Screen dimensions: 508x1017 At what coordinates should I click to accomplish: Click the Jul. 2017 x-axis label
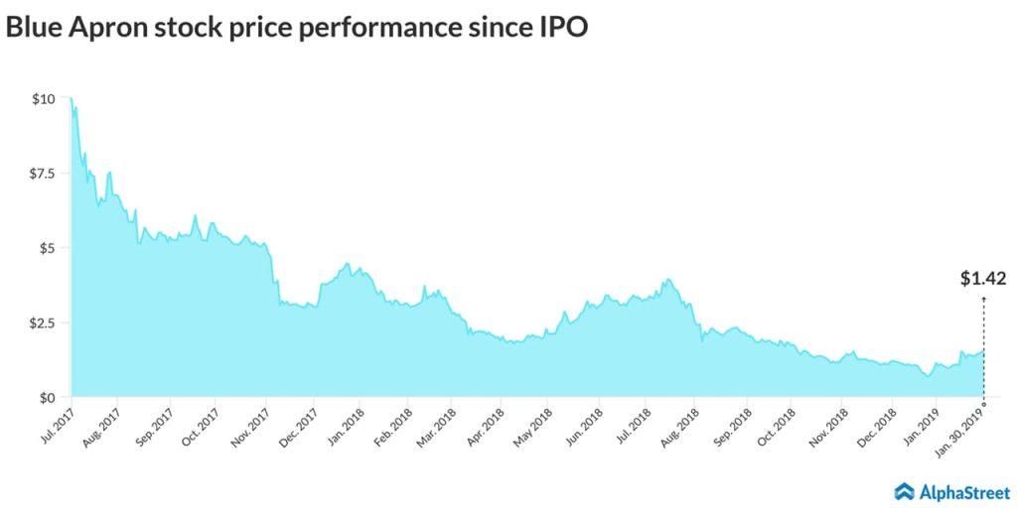coord(55,423)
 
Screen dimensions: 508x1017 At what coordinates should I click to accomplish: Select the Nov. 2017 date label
coord(250,423)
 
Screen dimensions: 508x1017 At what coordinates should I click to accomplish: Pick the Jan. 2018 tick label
coord(348,423)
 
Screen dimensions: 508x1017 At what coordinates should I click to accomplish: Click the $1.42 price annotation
coord(982,279)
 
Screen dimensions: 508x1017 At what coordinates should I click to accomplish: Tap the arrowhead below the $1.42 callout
coord(983,299)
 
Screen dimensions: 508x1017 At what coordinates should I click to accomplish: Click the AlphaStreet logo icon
coord(904,490)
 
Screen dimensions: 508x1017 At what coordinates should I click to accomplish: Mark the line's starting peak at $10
coord(71,98)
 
